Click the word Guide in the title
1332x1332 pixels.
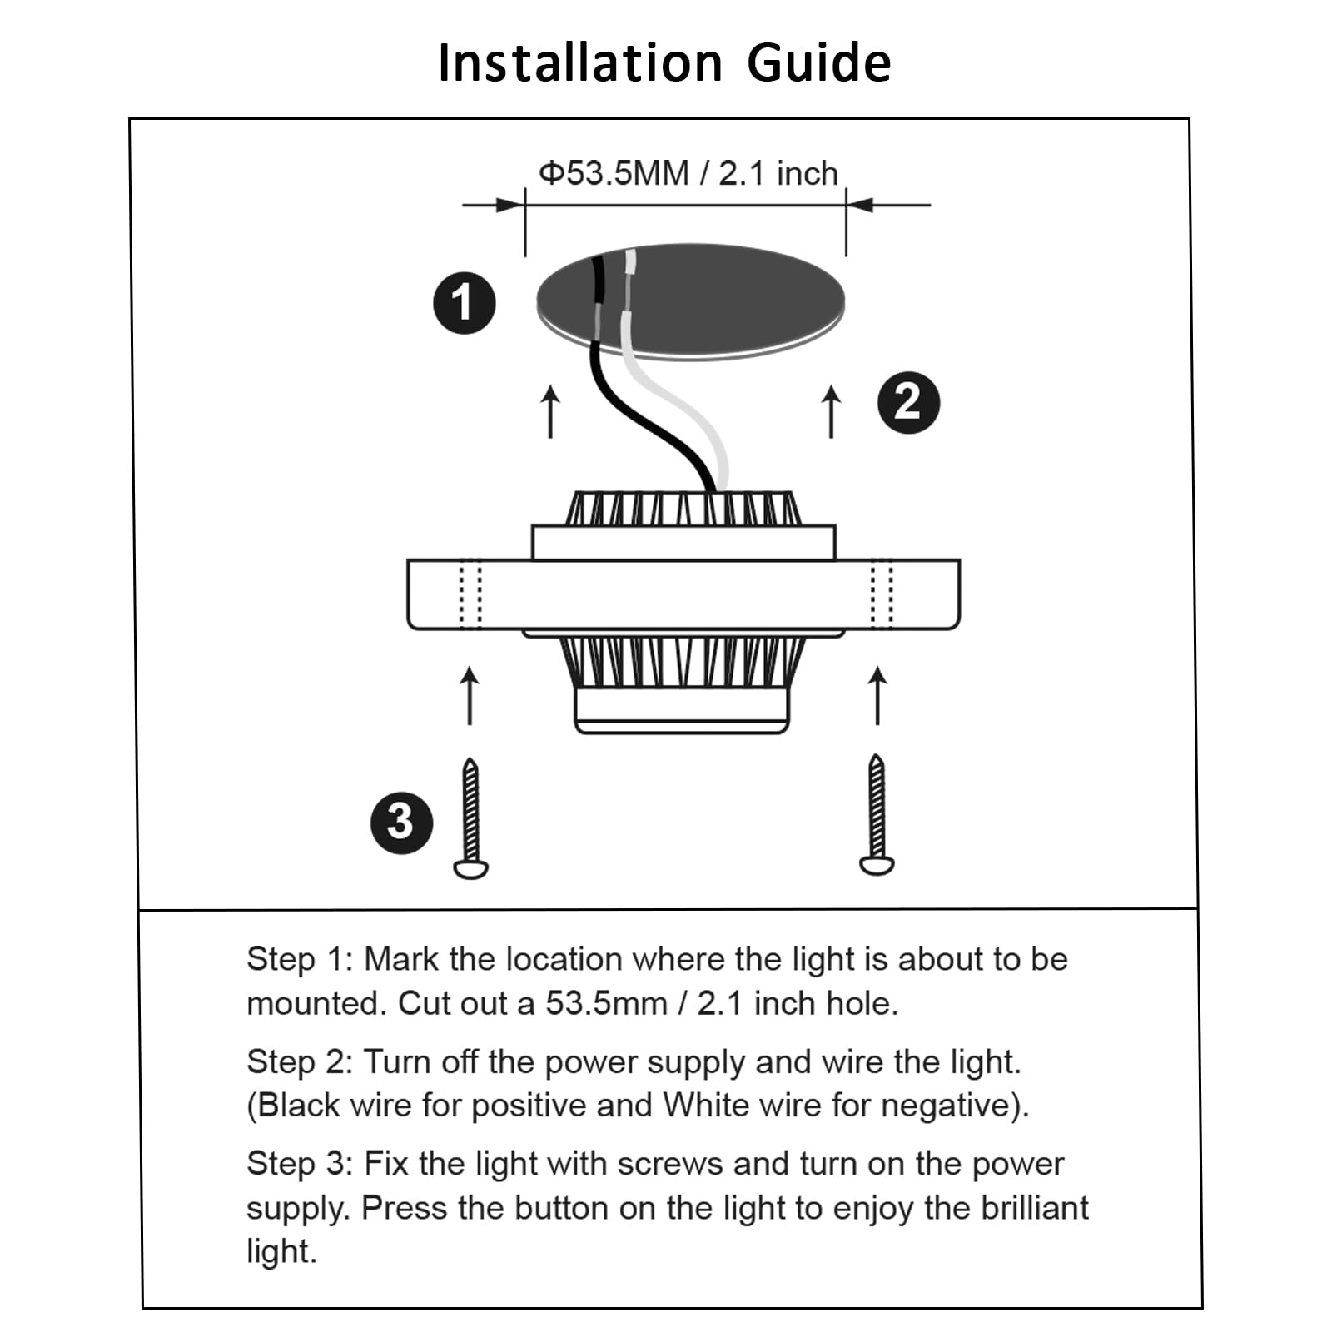(x=819, y=63)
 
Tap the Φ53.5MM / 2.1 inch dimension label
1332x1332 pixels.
(x=688, y=174)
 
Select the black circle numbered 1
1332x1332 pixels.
(x=464, y=303)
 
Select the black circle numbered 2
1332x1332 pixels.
(x=908, y=402)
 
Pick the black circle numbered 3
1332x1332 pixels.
(x=401, y=823)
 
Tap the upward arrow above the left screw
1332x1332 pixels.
(x=470, y=695)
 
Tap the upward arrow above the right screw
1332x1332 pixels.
(x=877, y=695)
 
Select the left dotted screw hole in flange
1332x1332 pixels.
(x=470, y=594)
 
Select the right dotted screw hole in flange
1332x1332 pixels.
(x=882, y=594)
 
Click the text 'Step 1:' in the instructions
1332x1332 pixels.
(x=301, y=959)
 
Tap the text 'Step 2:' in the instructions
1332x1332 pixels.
(x=301, y=1061)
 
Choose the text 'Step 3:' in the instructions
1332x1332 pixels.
(x=301, y=1164)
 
